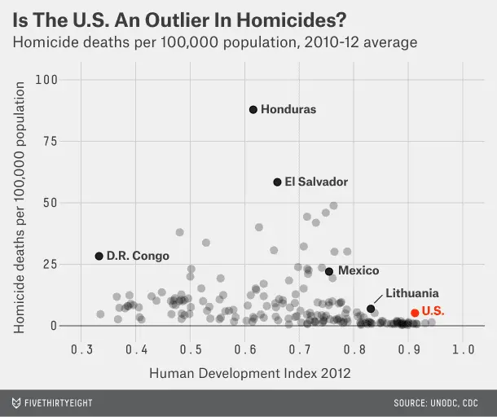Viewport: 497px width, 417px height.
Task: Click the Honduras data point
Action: [253, 110]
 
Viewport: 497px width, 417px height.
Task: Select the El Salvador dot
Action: [277, 182]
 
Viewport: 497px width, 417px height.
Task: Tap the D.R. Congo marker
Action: [99, 256]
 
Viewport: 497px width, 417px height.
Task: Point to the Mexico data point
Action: [329, 271]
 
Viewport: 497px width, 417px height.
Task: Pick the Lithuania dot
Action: [371, 309]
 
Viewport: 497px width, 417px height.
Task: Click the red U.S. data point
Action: [415, 313]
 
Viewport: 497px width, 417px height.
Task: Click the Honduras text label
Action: [288, 110]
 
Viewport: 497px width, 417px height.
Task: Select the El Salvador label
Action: [316, 182]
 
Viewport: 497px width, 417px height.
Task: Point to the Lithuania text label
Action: [412, 293]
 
